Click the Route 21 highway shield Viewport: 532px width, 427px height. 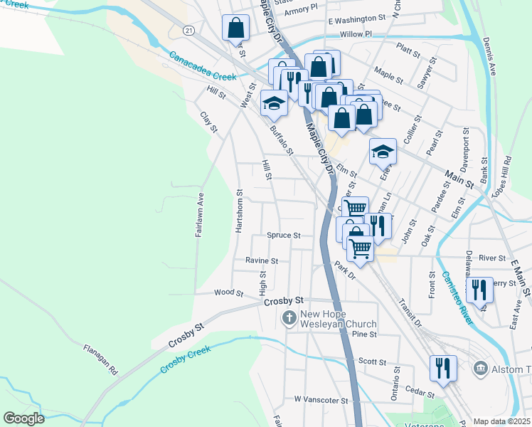click(187, 31)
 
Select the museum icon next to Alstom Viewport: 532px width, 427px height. click(481, 368)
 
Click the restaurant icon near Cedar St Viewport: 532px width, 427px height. click(443, 369)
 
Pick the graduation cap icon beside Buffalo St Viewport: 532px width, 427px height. click(274, 103)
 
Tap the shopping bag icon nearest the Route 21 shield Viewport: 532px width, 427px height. click(235, 28)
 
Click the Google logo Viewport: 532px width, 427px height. click(24, 418)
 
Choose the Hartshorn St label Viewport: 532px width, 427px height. click(239, 213)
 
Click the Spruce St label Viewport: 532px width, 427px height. click(284, 235)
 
